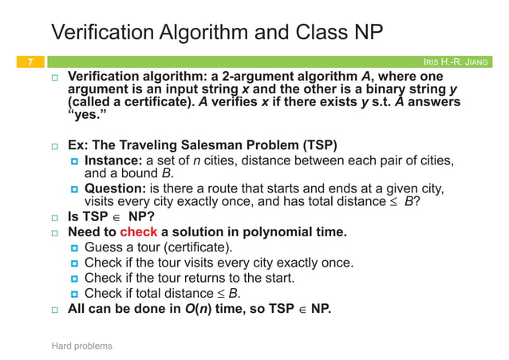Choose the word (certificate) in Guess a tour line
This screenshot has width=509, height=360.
pos(197,247)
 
